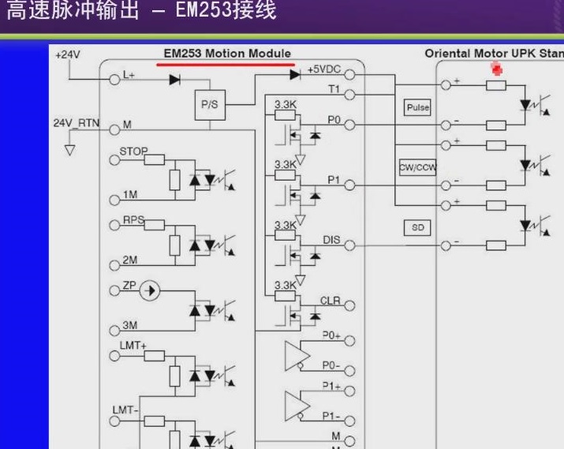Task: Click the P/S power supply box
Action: coord(209,103)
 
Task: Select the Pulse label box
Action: coord(417,107)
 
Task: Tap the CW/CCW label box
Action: coord(417,167)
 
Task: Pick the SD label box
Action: coord(417,227)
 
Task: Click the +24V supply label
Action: coord(68,54)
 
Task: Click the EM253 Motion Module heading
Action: coord(226,54)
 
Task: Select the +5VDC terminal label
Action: coord(323,69)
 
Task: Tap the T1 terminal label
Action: coord(334,89)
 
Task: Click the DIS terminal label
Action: coord(331,239)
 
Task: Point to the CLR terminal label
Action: coord(330,301)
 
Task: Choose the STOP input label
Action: coord(133,151)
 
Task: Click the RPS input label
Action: coord(133,220)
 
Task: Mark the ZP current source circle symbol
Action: coord(150,291)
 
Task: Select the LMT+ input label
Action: coord(133,345)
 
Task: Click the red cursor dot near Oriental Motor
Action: coord(497,69)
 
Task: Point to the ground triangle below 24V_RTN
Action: coord(69,150)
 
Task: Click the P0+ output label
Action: coord(331,335)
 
